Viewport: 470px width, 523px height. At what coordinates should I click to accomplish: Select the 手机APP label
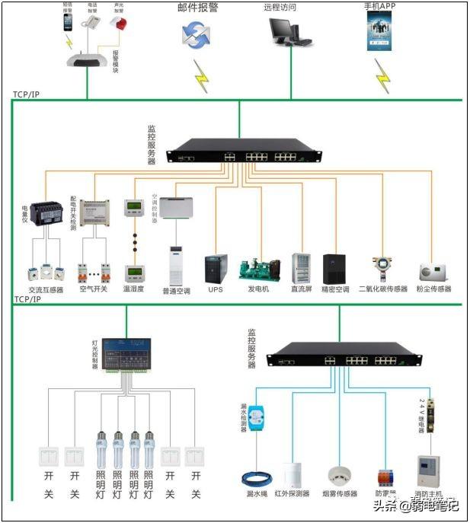click(382, 6)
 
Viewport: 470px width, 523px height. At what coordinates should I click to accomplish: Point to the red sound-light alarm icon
click(118, 24)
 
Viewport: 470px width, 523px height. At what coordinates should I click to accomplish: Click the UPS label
click(216, 289)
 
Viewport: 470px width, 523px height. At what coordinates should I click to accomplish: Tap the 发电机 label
click(259, 289)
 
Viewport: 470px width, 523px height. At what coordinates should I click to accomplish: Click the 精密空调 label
click(335, 289)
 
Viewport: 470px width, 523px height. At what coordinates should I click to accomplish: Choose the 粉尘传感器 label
click(435, 289)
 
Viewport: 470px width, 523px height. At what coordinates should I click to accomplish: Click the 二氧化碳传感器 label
click(383, 289)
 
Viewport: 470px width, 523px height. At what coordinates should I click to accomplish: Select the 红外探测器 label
click(292, 493)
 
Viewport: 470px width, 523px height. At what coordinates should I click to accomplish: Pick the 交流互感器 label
click(46, 290)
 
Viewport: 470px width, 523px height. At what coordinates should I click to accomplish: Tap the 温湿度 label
click(134, 290)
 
